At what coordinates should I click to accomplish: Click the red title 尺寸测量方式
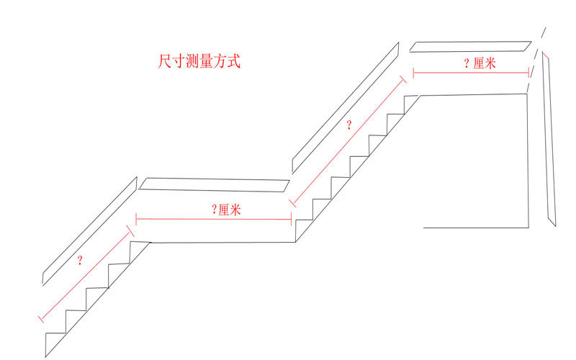tap(199, 61)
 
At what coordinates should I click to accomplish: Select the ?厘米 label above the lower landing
tap(226, 210)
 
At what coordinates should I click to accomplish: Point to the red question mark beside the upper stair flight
tap(349, 125)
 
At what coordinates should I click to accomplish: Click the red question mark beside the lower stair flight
tap(79, 261)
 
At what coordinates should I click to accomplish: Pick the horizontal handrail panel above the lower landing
tap(215, 184)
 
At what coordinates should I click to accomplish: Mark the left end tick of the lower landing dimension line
tap(136, 218)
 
